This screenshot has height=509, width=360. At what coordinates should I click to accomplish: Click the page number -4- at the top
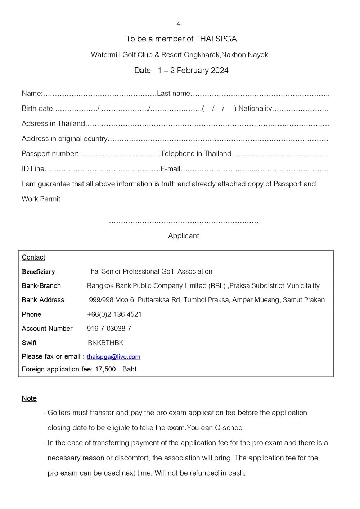[x=178, y=24]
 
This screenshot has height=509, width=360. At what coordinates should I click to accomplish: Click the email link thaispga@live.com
[x=113, y=357]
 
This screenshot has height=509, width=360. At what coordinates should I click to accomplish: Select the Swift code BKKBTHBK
[x=105, y=343]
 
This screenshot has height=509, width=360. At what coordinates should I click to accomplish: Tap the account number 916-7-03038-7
[x=109, y=328]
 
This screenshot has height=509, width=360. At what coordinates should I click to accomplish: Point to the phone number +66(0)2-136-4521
[x=114, y=314]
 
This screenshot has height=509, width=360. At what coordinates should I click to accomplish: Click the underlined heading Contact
[x=33, y=257]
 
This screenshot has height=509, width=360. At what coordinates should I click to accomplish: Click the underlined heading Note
[x=29, y=398]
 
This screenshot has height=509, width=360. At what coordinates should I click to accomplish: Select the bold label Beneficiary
[x=38, y=271]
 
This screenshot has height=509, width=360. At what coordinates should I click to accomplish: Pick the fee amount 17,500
[x=105, y=369]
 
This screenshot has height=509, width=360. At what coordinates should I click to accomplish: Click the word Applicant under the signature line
[x=183, y=235]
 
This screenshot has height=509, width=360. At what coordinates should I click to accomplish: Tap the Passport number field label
[x=50, y=154]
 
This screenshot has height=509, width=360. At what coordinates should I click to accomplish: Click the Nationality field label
[x=255, y=108]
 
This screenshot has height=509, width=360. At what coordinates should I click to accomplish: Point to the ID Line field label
[x=33, y=169]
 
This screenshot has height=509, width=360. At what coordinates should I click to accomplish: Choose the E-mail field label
[x=170, y=169]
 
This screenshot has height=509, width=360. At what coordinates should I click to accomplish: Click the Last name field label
[x=174, y=93]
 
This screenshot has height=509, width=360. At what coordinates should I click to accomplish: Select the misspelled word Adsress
[x=34, y=123]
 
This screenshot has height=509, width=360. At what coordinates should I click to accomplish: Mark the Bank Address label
[x=43, y=300]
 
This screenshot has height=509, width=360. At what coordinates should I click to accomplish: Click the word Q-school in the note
[x=229, y=428]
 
